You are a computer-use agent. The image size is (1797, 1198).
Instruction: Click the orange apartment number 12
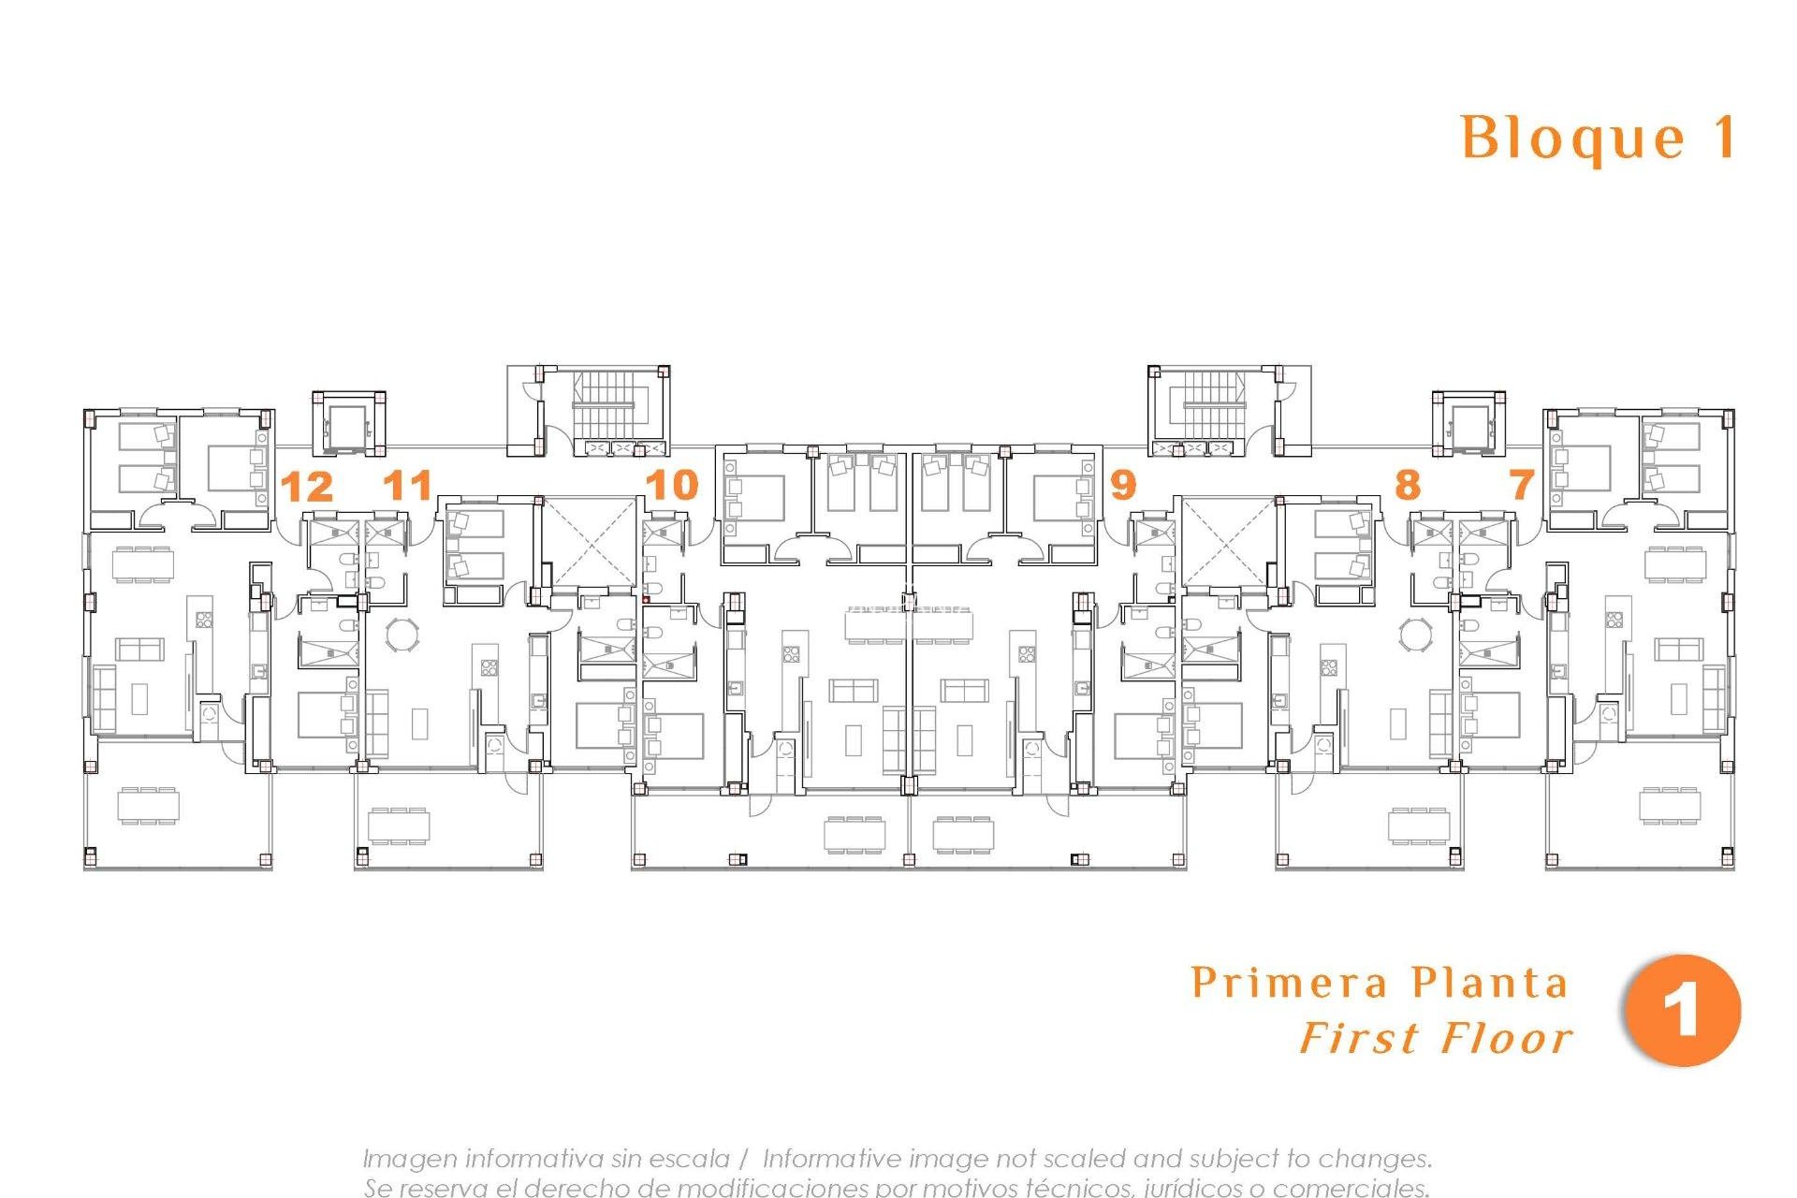coord(307,487)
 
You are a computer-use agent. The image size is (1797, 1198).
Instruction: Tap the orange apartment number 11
coord(408,485)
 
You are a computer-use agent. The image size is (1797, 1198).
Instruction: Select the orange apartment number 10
coord(672,485)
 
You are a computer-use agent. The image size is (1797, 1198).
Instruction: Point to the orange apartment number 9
coord(1122,485)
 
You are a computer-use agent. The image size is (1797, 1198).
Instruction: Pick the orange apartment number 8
coord(1407,485)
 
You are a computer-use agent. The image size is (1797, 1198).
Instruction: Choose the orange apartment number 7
coord(1523,485)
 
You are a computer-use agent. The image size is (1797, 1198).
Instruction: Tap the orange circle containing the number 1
coord(1682,1011)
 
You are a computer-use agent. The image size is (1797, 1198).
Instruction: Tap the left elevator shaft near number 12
coord(347,427)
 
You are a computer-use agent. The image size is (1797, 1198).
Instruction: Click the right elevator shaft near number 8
coord(1467,427)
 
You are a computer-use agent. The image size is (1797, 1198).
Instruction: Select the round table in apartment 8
coord(1414,634)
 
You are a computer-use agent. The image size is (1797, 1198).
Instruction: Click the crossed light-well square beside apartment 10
coord(589,543)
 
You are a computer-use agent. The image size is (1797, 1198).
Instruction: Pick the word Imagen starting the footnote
coord(409,1159)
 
